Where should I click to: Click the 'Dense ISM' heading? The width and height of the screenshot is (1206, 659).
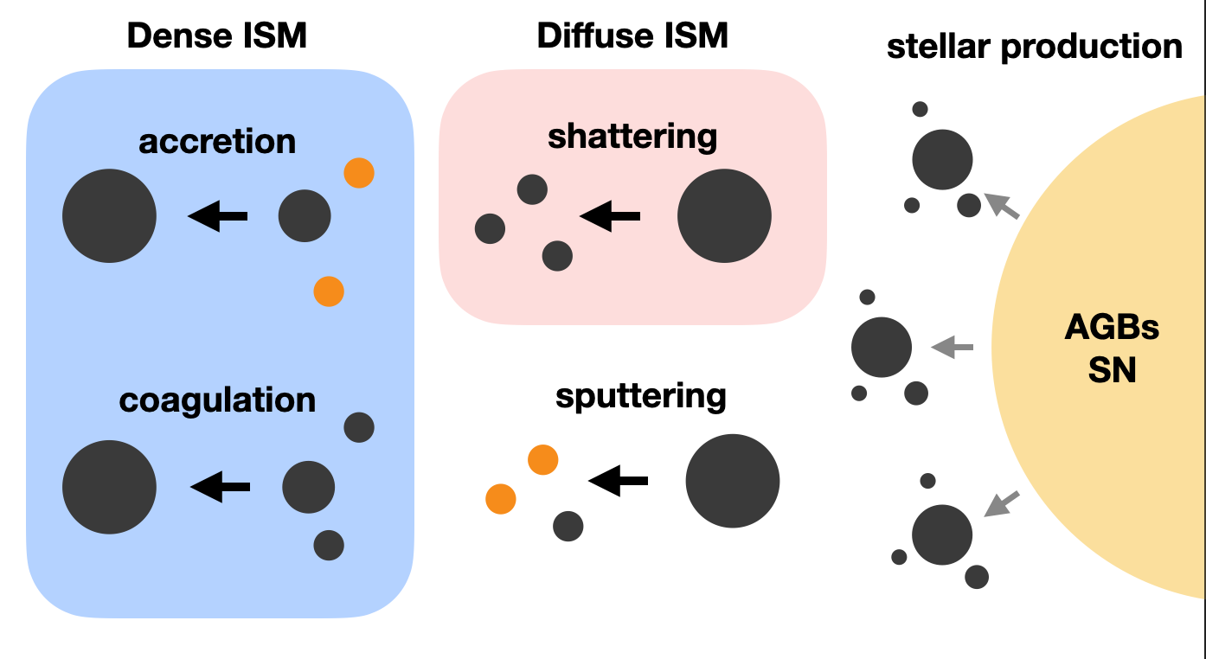(217, 36)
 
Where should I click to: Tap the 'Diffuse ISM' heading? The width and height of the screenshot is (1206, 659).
(632, 36)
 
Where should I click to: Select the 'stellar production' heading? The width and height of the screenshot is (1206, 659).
(1034, 46)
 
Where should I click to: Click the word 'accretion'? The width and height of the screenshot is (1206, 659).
(217, 141)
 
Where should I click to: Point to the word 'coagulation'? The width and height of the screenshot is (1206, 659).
(217, 400)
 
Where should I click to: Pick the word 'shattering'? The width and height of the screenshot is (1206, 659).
(632, 136)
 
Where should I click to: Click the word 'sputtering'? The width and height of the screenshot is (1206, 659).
(641, 396)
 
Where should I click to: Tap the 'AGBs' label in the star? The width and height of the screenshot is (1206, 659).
(1112, 329)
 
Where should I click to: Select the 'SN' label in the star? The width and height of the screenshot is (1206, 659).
(1112, 371)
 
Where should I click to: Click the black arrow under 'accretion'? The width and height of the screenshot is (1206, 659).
(218, 216)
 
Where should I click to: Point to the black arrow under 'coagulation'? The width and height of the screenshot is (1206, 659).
(220, 487)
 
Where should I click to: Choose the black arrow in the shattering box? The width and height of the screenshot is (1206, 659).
(610, 216)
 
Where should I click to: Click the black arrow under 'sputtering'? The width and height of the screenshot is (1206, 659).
(618, 481)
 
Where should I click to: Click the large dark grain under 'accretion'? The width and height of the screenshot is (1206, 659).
(110, 216)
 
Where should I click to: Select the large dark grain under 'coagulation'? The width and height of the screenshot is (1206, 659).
(110, 487)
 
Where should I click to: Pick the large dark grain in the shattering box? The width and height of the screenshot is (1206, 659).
(724, 216)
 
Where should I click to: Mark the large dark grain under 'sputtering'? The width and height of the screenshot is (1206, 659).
(733, 481)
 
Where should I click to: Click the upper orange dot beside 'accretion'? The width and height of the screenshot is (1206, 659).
(359, 174)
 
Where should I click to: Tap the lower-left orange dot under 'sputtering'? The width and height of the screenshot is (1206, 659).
(501, 499)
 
